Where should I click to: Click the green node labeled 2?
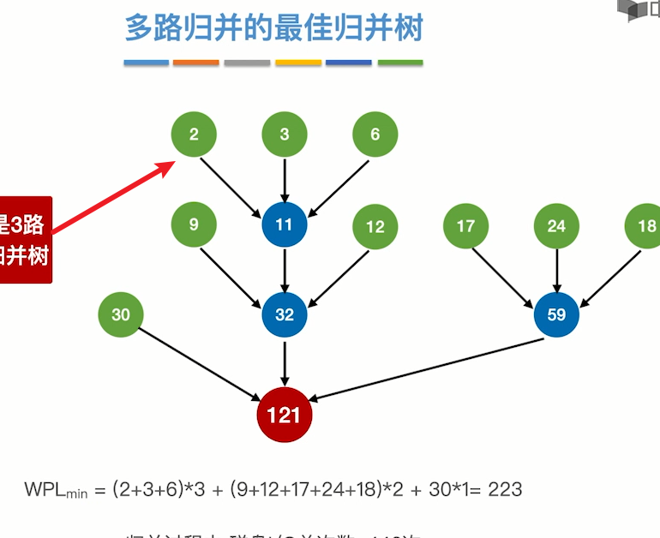194,134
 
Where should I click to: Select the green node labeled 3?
285,134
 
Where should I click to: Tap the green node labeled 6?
375,134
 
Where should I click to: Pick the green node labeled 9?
194,225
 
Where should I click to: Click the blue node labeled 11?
285,225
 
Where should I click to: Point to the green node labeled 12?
375,227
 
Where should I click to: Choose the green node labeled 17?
465,227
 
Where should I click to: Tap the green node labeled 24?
556,227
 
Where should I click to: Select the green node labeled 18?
645,227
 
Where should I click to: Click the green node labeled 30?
121,314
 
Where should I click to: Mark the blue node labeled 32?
285,314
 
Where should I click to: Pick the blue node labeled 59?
556,314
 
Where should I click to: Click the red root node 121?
285,415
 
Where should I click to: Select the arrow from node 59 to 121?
429,368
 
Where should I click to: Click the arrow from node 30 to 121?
201,364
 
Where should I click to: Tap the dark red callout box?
24,240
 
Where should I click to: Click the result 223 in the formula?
505,490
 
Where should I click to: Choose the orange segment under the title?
196,63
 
